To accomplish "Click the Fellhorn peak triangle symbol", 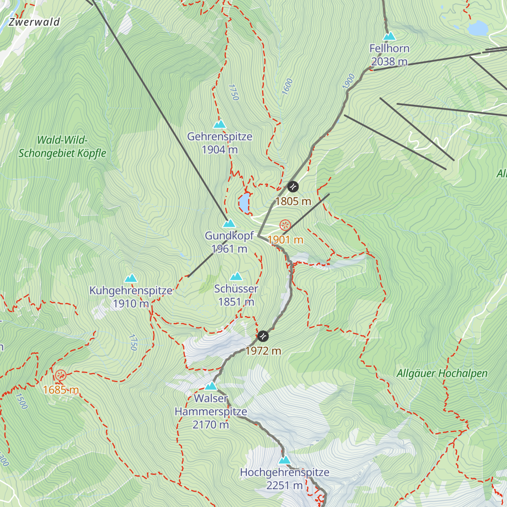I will click(389, 36).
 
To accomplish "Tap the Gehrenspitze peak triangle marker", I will click(219, 124).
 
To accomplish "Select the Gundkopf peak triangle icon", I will click(229, 223).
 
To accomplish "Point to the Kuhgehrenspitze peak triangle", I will click(131, 278).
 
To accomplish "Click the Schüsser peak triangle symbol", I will click(236, 277).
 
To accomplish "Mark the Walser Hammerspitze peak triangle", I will click(211, 386).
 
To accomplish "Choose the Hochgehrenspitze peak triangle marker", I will click(285, 460).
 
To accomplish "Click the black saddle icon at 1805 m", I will click(293, 186).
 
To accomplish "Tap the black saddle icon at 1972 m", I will click(263, 336).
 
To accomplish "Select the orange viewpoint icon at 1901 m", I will click(286, 225).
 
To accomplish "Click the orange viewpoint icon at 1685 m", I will click(61, 375).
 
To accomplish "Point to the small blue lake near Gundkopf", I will click(244, 203).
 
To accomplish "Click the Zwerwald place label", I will click(34, 22).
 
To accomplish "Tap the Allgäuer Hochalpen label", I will click(442, 373).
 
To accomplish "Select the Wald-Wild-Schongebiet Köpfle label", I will click(62, 147).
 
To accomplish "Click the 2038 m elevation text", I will click(389, 62).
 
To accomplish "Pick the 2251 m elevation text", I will click(284, 485).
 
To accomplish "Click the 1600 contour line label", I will click(287, 87).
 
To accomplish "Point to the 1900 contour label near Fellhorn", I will click(348, 82).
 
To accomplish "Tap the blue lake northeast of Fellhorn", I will click(478, 28).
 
